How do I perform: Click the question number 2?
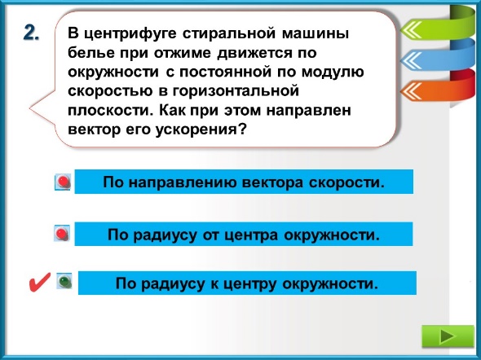[31, 33]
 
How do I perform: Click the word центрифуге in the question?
[130, 33]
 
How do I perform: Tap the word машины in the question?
[315, 33]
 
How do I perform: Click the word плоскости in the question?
[110, 110]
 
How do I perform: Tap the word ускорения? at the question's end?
[201, 130]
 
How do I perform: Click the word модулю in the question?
[333, 72]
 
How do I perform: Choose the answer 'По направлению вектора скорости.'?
[244, 182]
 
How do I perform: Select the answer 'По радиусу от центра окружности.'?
[244, 235]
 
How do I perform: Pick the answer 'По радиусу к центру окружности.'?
[247, 283]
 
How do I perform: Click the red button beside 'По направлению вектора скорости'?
[63, 182]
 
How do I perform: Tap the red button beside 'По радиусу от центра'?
[62, 234]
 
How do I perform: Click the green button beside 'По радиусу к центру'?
[64, 281]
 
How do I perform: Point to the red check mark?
[39, 282]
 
